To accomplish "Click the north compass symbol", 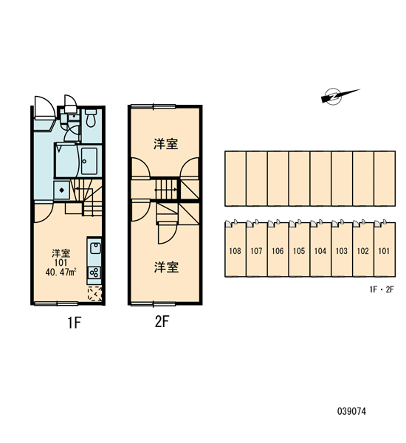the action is [x=335, y=96].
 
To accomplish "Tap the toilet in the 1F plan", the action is [x=91, y=118].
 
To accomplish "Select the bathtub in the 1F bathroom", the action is [x=89, y=161].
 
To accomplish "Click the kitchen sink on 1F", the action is [x=95, y=248].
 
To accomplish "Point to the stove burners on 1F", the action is [x=94, y=272].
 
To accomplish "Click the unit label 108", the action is [x=235, y=251].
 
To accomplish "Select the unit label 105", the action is [x=299, y=251].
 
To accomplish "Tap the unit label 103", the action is [x=342, y=251].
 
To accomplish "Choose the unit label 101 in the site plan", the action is [x=384, y=251].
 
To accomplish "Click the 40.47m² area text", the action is [x=61, y=272].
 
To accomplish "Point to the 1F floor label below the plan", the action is [x=75, y=323].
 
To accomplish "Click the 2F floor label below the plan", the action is [x=162, y=321].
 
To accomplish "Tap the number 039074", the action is [x=351, y=411].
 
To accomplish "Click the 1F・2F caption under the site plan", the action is [x=382, y=289].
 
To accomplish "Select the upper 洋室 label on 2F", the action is [x=166, y=144].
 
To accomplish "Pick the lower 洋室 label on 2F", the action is [x=166, y=267].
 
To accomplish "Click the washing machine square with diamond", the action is [x=62, y=190].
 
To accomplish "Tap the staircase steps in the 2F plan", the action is [x=166, y=189].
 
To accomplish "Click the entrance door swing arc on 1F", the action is [x=44, y=107].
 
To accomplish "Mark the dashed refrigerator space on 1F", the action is [x=95, y=294].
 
